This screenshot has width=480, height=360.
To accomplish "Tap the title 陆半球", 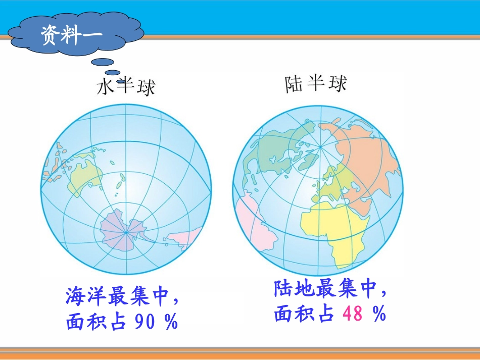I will click(316, 84).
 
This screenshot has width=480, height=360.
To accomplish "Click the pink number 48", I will click(352, 315).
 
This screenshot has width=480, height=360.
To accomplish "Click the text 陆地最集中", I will click(324, 290).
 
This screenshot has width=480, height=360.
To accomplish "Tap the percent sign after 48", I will click(379, 315).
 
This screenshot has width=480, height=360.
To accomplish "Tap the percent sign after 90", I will click(171, 322).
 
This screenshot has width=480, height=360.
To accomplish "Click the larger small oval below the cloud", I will click(104, 62).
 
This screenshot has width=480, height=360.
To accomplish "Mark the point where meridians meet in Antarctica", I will click(126, 233).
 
